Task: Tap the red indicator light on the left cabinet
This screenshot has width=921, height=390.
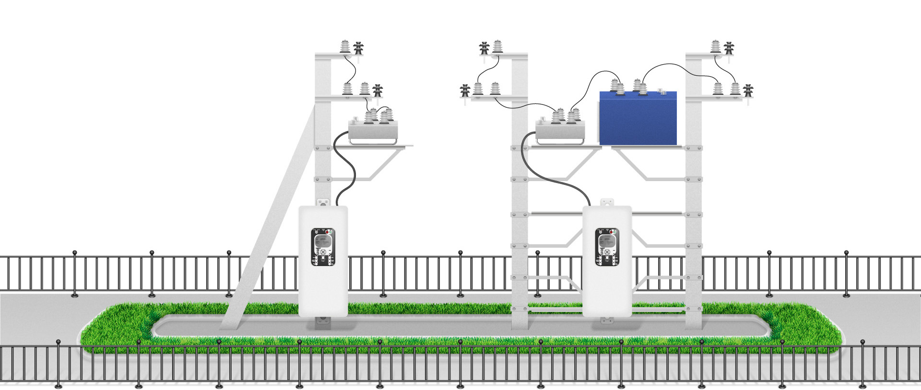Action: tap(327, 232)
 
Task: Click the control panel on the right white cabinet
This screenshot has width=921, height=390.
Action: tap(607, 247)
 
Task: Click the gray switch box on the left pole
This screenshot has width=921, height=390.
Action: tap(373, 130)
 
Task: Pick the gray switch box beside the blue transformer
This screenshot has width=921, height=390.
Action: tap(560, 130)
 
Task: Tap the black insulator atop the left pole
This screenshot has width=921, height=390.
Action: tap(358, 48)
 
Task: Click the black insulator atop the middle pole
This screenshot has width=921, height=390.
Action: tap(484, 48)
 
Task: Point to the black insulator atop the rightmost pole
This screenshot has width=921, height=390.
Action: tap(729, 48)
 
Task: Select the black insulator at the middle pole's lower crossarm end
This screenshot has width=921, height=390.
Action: tap(465, 90)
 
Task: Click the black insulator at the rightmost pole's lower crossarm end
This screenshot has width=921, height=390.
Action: tap(748, 90)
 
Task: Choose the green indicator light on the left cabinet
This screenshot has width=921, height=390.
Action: tap(331, 232)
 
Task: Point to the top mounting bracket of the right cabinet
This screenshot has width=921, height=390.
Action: tap(607, 202)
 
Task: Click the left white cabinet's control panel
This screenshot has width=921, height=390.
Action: tap(323, 247)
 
